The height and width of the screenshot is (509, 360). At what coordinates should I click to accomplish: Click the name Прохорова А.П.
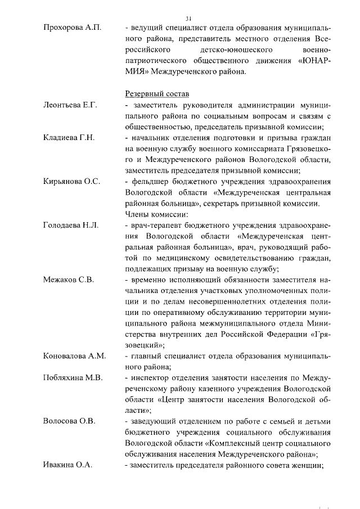click(x=71, y=28)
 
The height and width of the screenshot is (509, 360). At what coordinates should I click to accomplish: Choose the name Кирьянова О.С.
click(x=71, y=181)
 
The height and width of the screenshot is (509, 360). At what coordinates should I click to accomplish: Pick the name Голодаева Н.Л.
click(x=71, y=225)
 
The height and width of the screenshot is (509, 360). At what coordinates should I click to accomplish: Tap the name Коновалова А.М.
click(x=74, y=355)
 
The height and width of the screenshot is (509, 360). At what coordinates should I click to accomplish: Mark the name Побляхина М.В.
click(x=73, y=377)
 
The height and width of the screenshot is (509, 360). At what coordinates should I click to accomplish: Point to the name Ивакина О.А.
click(x=67, y=465)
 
